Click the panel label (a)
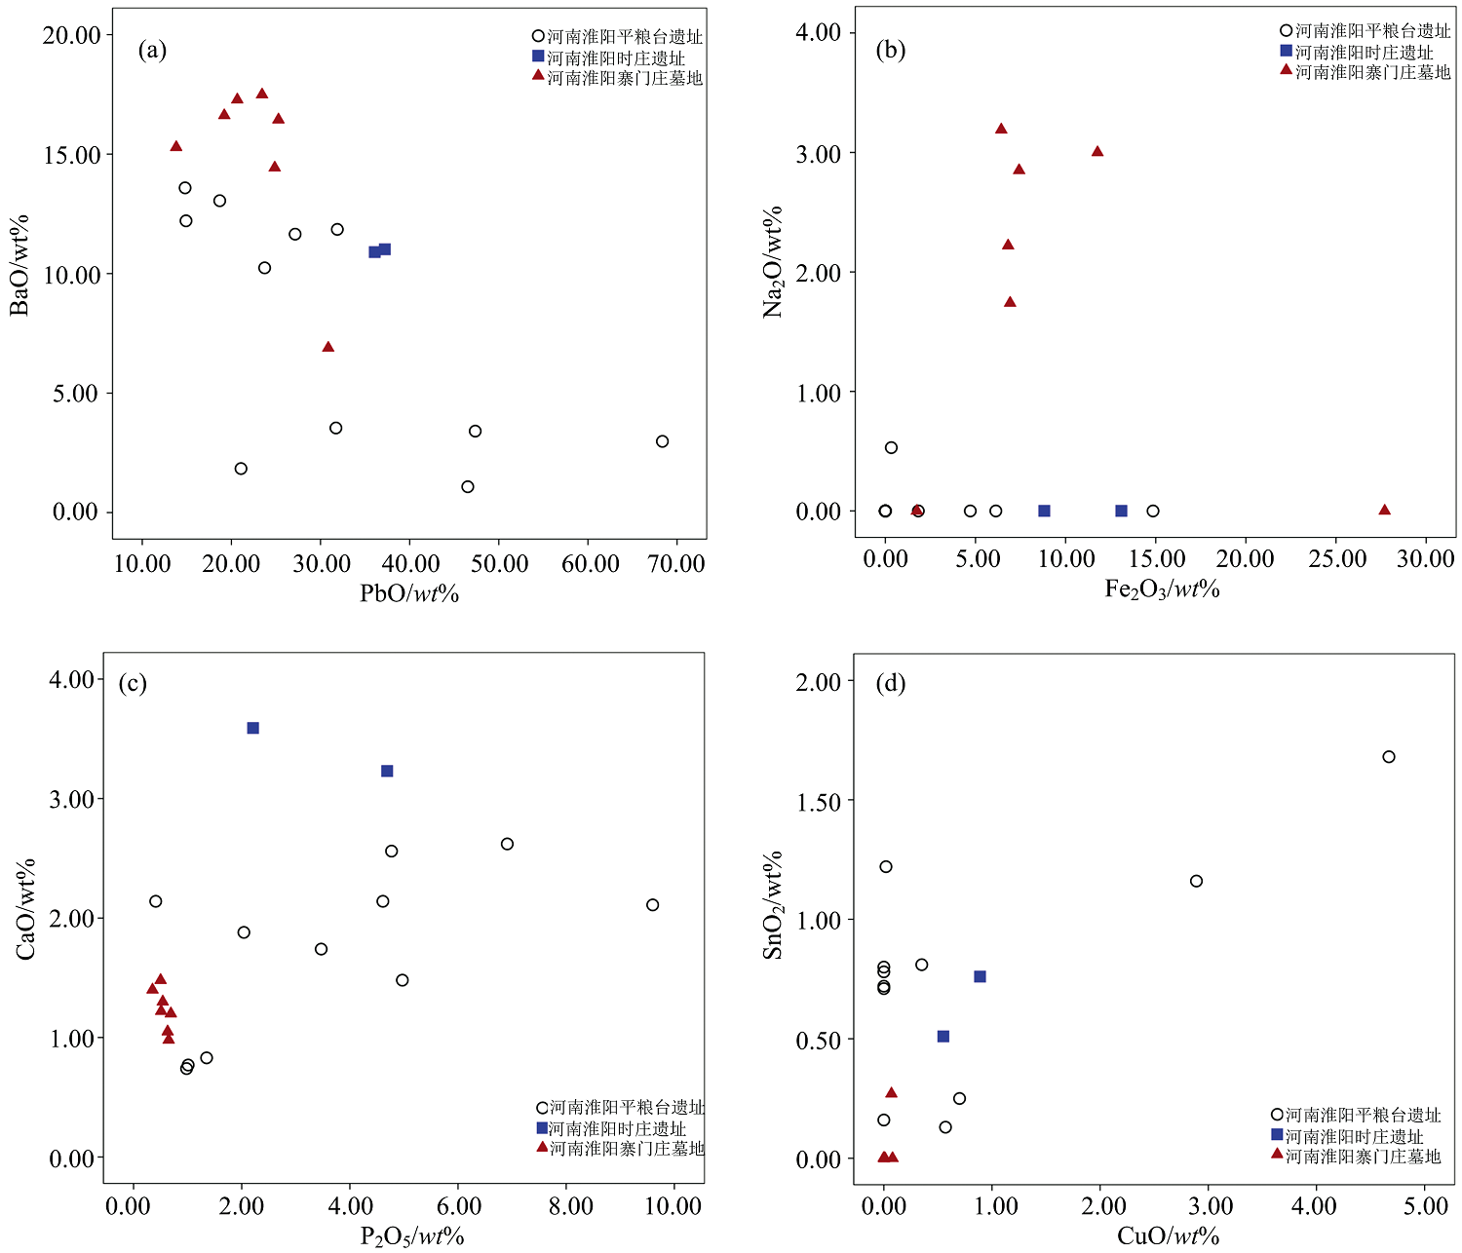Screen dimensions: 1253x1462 click(152, 51)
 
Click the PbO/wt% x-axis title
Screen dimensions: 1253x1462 click(409, 592)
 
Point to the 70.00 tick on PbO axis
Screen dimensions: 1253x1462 click(676, 563)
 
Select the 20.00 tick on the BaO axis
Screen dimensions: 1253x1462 click(72, 35)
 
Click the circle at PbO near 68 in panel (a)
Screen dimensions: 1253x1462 click(663, 441)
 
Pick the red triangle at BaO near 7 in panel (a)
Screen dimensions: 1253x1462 click(328, 347)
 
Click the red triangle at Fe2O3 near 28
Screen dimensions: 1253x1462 click(1384, 510)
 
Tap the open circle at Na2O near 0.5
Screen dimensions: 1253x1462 click(891, 448)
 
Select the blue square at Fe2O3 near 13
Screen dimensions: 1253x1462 click(1121, 511)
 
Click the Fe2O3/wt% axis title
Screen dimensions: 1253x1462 click(1162, 589)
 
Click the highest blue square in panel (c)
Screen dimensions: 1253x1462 click(253, 728)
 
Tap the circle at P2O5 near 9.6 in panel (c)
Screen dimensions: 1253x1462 click(653, 905)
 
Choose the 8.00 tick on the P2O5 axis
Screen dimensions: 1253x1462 click(570, 1206)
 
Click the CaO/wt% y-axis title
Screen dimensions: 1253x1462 click(26, 908)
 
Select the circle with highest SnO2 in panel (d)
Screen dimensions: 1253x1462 click(1389, 757)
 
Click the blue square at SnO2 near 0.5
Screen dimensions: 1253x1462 click(943, 1037)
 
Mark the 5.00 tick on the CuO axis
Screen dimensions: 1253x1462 click(1425, 1206)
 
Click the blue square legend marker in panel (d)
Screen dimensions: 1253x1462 click(1277, 1134)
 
